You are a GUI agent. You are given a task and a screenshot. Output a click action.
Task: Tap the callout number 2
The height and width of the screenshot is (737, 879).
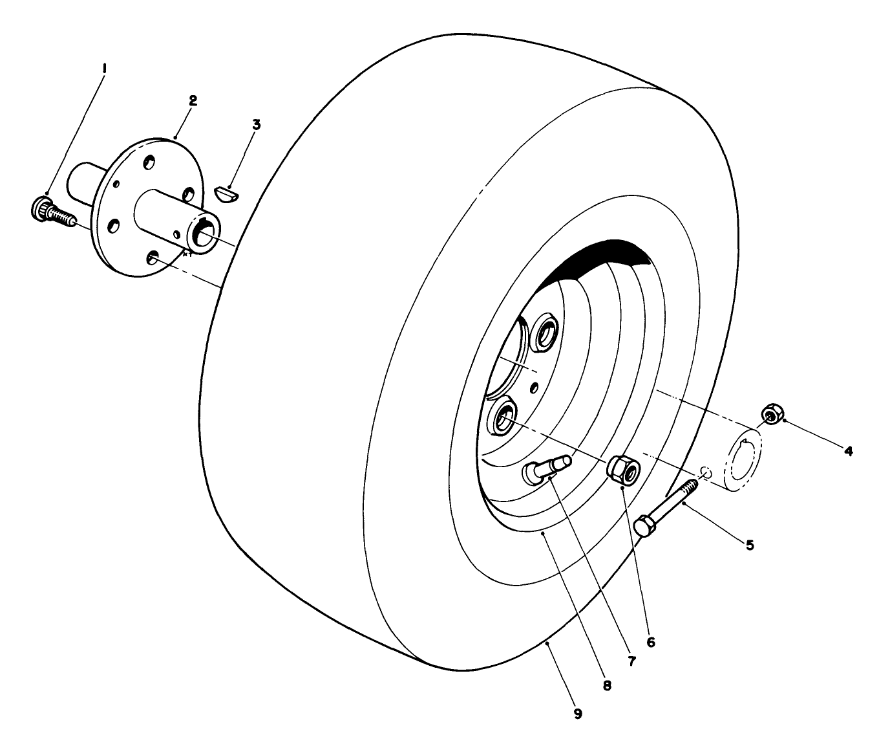pos(193,100)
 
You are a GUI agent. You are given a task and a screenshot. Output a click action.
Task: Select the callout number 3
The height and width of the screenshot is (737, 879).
pos(257,124)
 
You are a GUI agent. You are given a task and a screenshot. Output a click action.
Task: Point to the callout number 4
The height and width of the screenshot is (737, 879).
pos(848,450)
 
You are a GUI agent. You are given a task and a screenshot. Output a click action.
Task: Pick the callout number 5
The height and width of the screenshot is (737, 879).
pos(750,545)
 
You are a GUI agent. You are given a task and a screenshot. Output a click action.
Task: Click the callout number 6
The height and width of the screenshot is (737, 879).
pos(651,642)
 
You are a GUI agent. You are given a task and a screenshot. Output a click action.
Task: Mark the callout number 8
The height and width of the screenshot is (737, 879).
pos(607,685)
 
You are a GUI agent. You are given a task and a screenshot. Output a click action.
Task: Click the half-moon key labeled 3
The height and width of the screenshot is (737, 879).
pos(227,193)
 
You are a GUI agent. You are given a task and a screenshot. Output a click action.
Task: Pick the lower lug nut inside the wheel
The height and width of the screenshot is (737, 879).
pos(502,417)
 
